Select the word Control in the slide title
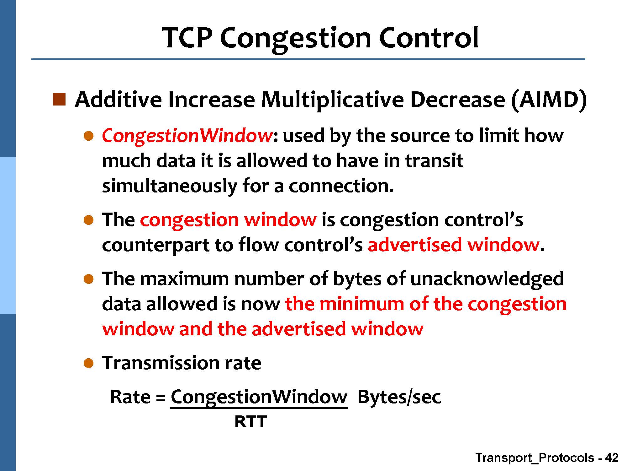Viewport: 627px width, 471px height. point(429,38)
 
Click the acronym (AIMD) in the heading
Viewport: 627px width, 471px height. point(549,100)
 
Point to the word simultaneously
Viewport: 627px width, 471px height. point(170,186)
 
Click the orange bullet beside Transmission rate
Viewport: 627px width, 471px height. point(89,363)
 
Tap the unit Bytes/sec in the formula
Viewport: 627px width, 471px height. point(399,397)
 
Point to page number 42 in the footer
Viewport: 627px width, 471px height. point(612,458)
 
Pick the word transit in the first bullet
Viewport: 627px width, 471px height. point(434,161)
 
